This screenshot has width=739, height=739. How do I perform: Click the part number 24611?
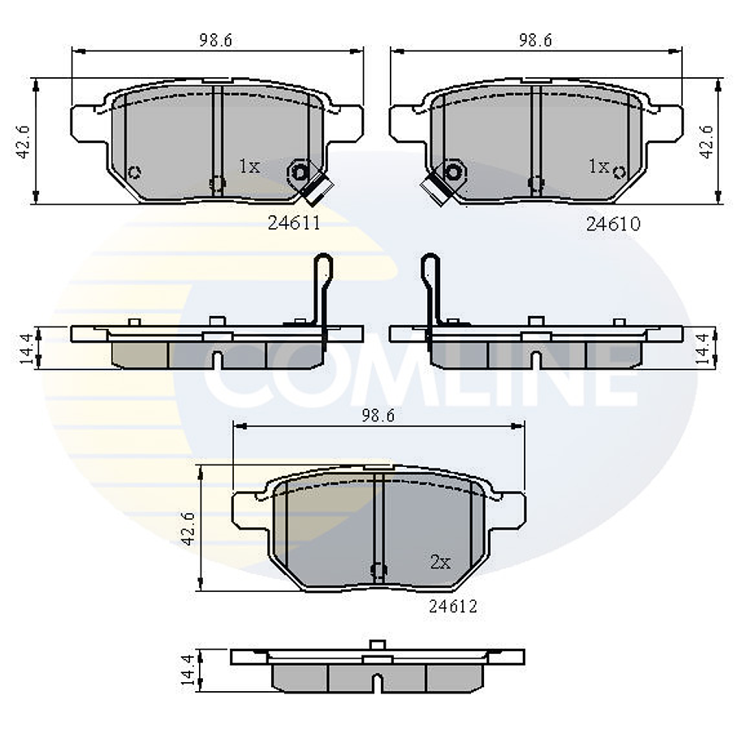[294, 223]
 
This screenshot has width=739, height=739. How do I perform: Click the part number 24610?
[613, 224]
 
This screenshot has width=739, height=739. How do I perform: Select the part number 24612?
[453, 606]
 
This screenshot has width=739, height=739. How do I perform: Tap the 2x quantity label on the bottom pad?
[441, 561]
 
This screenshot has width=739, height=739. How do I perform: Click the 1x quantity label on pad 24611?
[249, 166]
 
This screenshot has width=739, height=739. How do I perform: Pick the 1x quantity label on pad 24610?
[599, 166]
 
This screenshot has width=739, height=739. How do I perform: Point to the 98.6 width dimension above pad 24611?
[216, 40]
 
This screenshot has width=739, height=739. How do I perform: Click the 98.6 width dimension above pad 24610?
[535, 40]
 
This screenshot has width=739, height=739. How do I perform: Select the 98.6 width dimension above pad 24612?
[378, 415]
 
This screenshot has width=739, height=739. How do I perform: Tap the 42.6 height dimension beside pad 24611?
[24, 141]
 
